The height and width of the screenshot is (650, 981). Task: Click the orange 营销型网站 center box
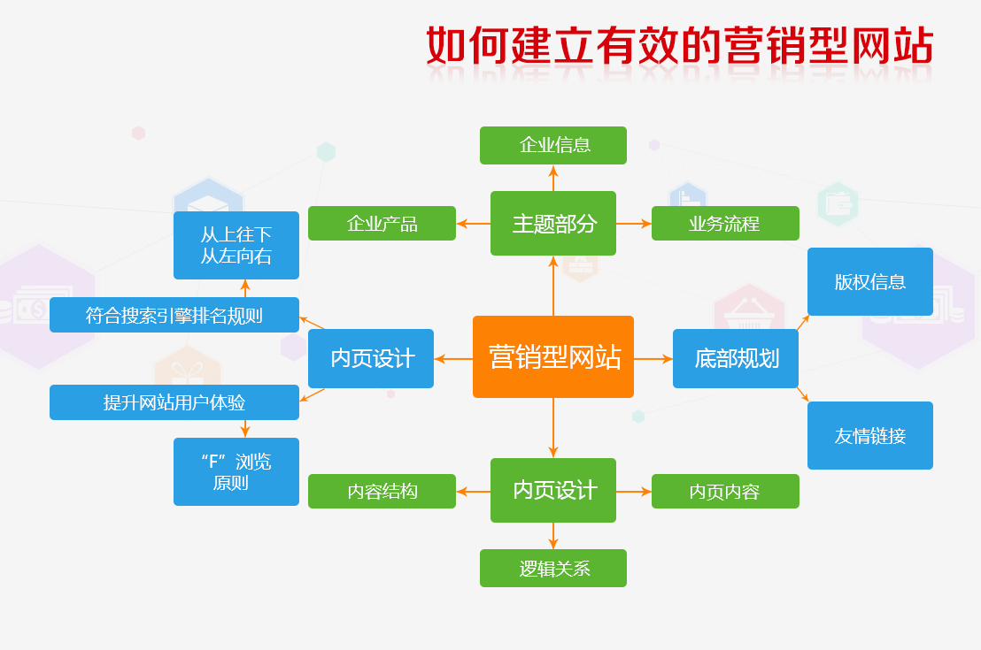point(553,356)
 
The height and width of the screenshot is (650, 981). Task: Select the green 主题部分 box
point(553,224)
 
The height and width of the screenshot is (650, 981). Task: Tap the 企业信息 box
point(553,145)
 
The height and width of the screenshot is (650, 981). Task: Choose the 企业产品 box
point(382,224)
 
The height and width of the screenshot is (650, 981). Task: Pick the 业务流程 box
point(725,224)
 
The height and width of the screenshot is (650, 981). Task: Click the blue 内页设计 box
point(371,358)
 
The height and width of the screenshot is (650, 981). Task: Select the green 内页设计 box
point(553,490)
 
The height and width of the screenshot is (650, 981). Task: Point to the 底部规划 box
point(736,358)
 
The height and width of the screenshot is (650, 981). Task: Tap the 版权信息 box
point(869,282)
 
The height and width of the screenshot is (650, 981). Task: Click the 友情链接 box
point(869,435)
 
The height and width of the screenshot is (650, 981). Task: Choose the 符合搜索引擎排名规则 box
point(174,315)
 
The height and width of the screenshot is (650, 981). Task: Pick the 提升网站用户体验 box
point(174,402)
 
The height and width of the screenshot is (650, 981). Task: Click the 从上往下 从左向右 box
point(236,245)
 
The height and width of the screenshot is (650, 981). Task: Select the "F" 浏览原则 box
point(236,471)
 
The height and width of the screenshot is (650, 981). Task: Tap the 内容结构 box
point(382,492)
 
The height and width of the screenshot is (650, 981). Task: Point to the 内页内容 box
point(725,492)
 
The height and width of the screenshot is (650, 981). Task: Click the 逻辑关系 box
point(553,568)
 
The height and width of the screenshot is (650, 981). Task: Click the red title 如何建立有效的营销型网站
point(679,46)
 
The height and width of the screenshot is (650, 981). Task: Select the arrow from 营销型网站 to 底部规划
point(653,359)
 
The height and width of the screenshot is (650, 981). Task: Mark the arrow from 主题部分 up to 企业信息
point(553,178)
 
